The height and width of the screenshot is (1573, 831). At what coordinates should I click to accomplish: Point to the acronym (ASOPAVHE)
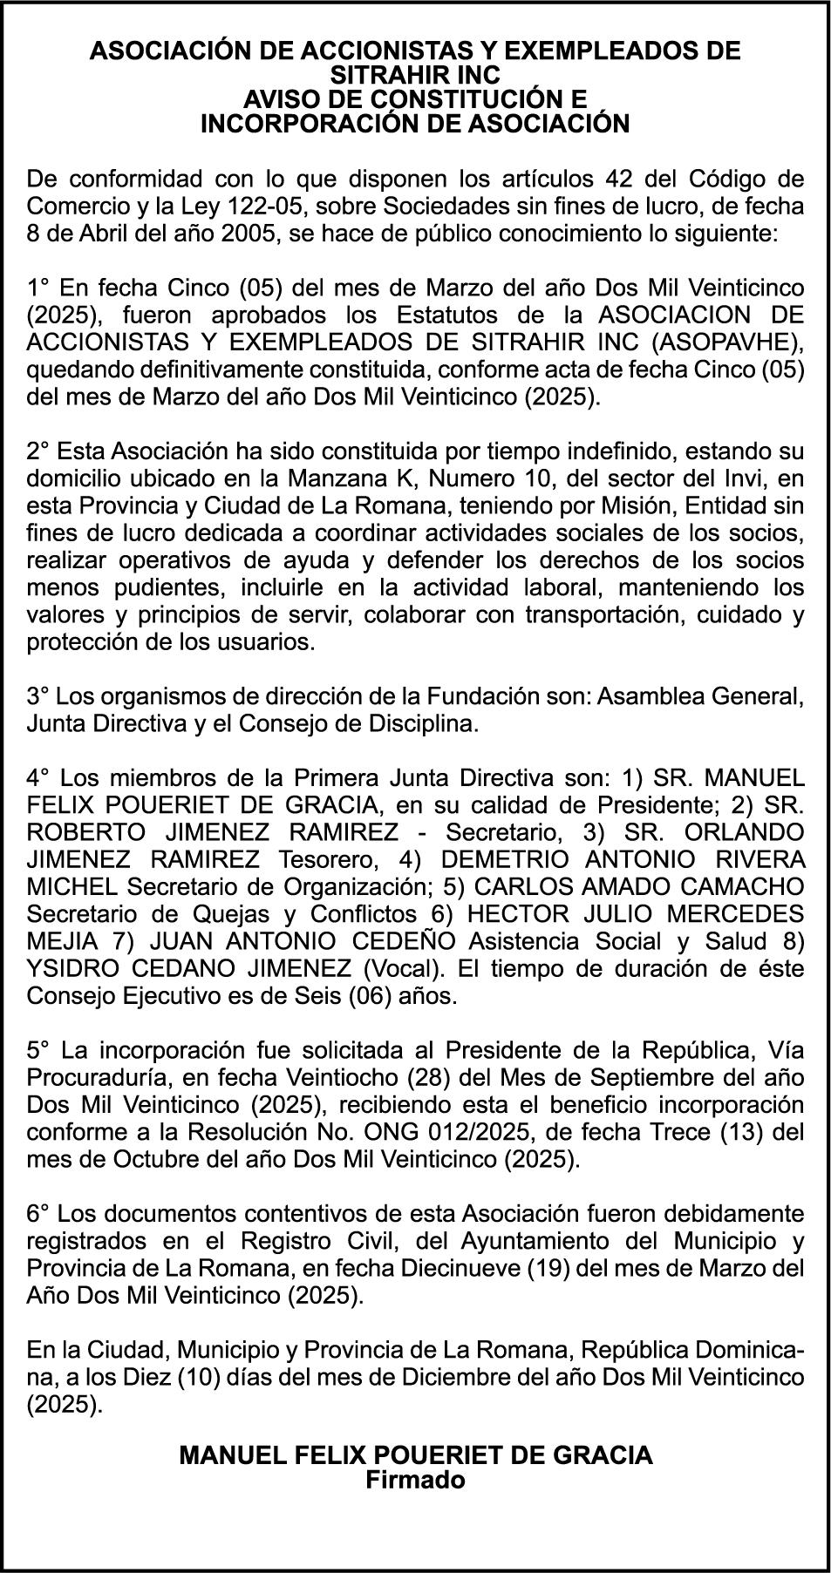735,342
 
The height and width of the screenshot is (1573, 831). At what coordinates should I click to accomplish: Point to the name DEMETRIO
494,860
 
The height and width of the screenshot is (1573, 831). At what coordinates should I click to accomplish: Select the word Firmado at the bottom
415,1481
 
